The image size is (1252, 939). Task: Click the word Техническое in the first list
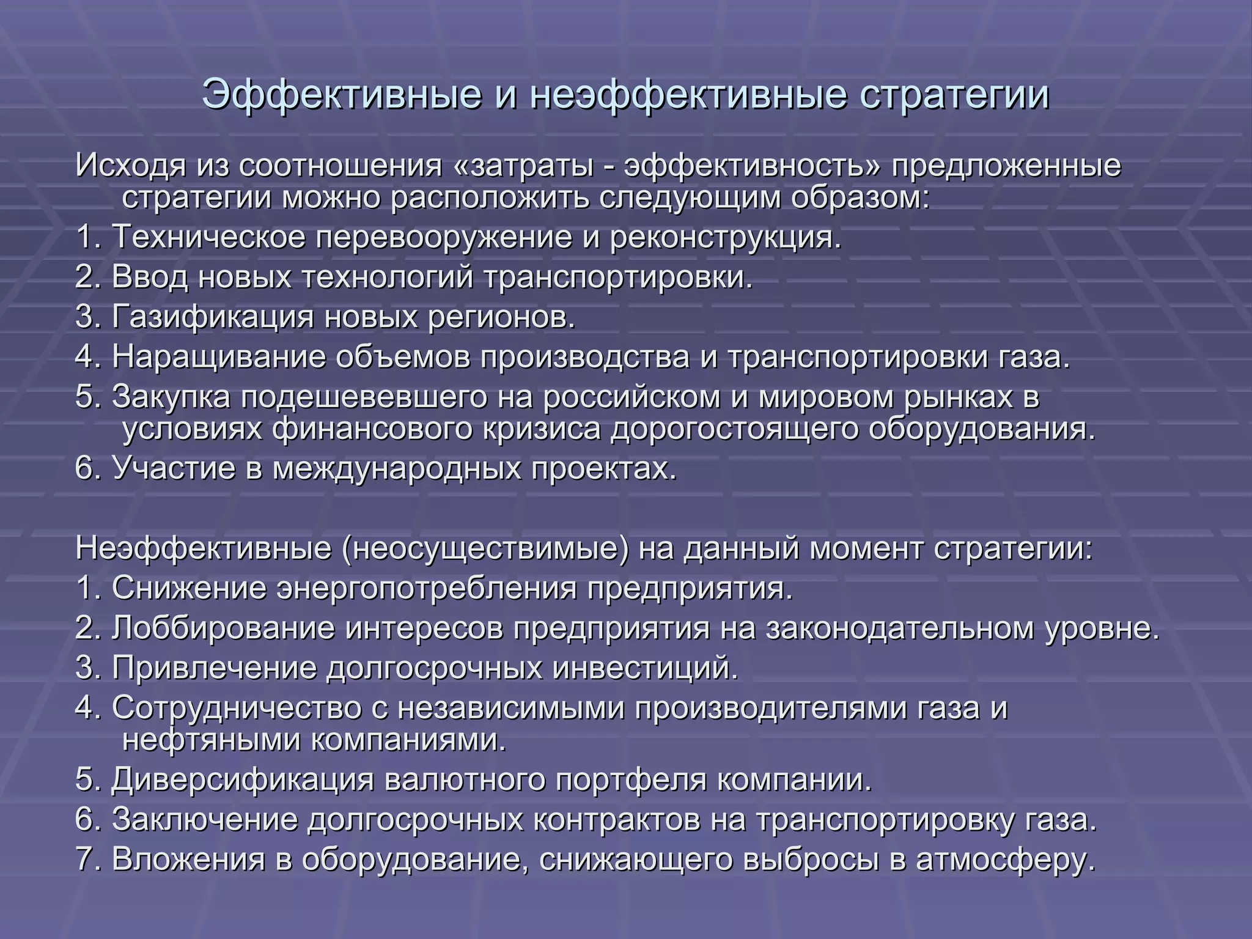208,237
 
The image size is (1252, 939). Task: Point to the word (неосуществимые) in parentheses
485,548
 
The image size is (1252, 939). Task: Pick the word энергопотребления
427,589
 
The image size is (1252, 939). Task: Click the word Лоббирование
223,628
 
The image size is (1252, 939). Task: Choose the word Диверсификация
243,780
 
